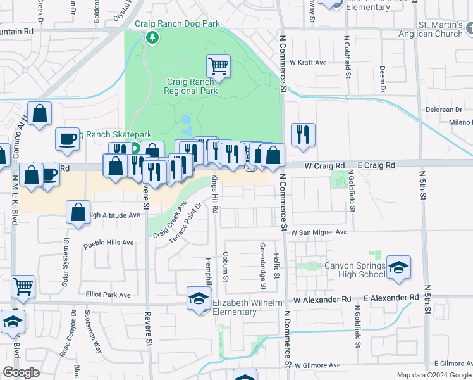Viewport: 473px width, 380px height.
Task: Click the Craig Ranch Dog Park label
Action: pyautogui.click(x=177, y=24)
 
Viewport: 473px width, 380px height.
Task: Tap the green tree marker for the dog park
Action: pyautogui.click(x=152, y=37)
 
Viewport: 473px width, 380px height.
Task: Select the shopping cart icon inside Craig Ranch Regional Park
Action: pyautogui.click(x=218, y=66)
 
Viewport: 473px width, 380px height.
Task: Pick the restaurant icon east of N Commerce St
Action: pyautogui.click(x=303, y=134)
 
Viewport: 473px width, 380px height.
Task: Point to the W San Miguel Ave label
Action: pyautogui.click(x=319, y=232)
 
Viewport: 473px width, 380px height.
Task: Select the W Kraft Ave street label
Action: pyautogui.click(x=308, y=63)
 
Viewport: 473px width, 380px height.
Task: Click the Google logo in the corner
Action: pyautogui.click(x=21, y=372)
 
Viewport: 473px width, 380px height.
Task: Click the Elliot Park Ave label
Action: pyautogui.click(x=108, y=294)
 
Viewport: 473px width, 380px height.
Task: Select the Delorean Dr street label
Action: pyautogui.click(x=449, y=110)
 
